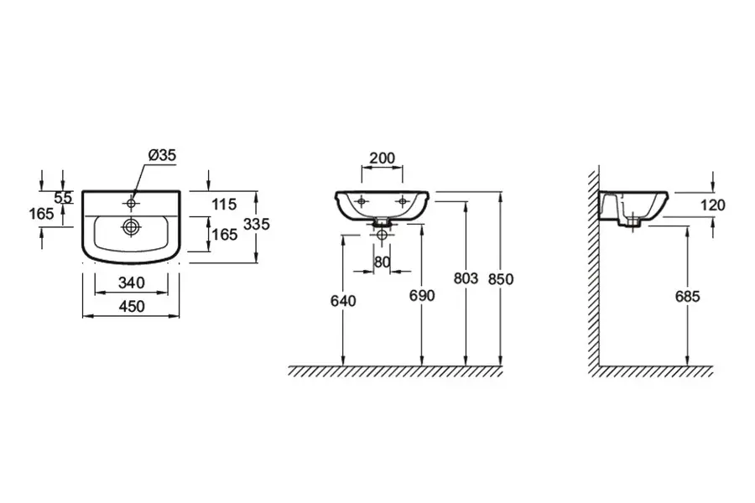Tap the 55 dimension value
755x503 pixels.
coord(63,197)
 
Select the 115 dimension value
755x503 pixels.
coord(224,204)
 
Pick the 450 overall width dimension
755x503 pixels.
coord(132,306)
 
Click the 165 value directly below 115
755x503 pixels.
coord(224,235)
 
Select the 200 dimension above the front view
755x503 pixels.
coord(383,158)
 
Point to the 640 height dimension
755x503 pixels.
coord(344,299)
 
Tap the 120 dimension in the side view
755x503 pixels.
coord(712,204)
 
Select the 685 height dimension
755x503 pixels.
coord(686,295)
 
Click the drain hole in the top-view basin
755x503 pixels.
coord(132,226)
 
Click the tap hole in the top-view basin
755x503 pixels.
coord(132,202)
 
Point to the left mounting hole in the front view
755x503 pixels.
coord(362,201)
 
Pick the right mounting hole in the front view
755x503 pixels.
coord(403,201)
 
